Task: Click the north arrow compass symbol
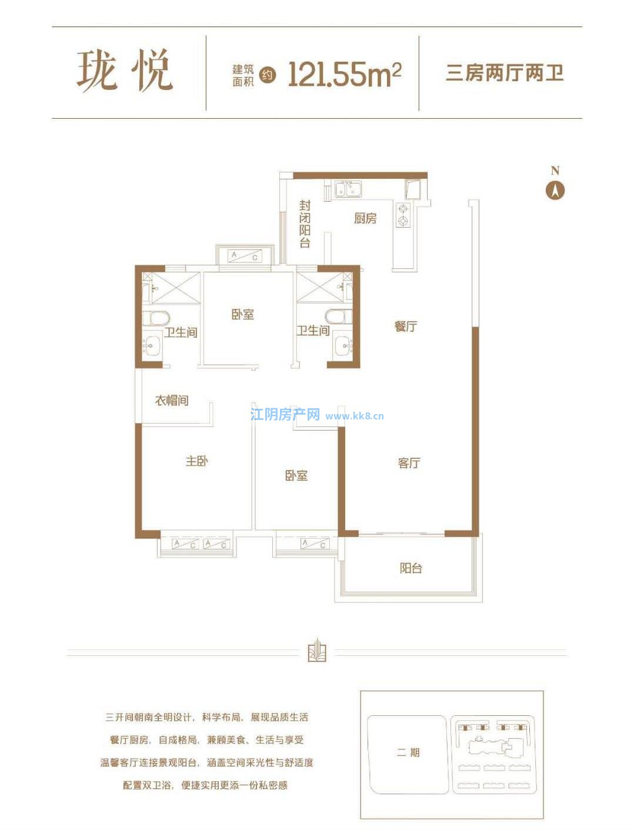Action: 555,190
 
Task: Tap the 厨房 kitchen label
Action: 365,219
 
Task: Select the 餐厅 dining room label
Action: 405,326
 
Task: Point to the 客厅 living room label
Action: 409,463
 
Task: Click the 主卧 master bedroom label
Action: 196,461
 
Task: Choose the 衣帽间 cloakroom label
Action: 172,400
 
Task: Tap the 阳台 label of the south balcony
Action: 411,568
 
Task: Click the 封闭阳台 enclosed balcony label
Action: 305,224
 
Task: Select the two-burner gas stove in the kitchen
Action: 403,215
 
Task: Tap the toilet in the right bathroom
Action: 338,316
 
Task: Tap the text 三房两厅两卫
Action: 505,73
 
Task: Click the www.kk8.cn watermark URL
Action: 355,416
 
